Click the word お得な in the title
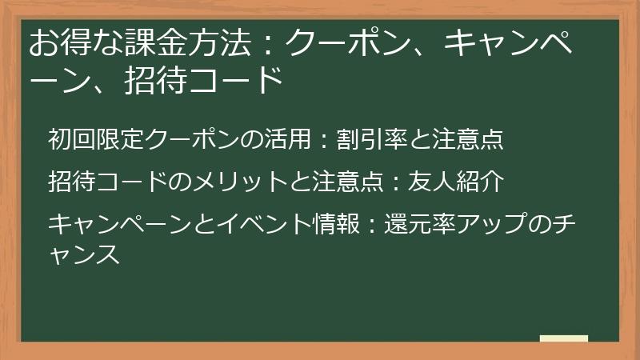click(74, 43)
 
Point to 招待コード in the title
click(204, 82)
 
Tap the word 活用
click(287, 139)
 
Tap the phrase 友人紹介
click(456, 182)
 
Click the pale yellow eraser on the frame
click(564, 339)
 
